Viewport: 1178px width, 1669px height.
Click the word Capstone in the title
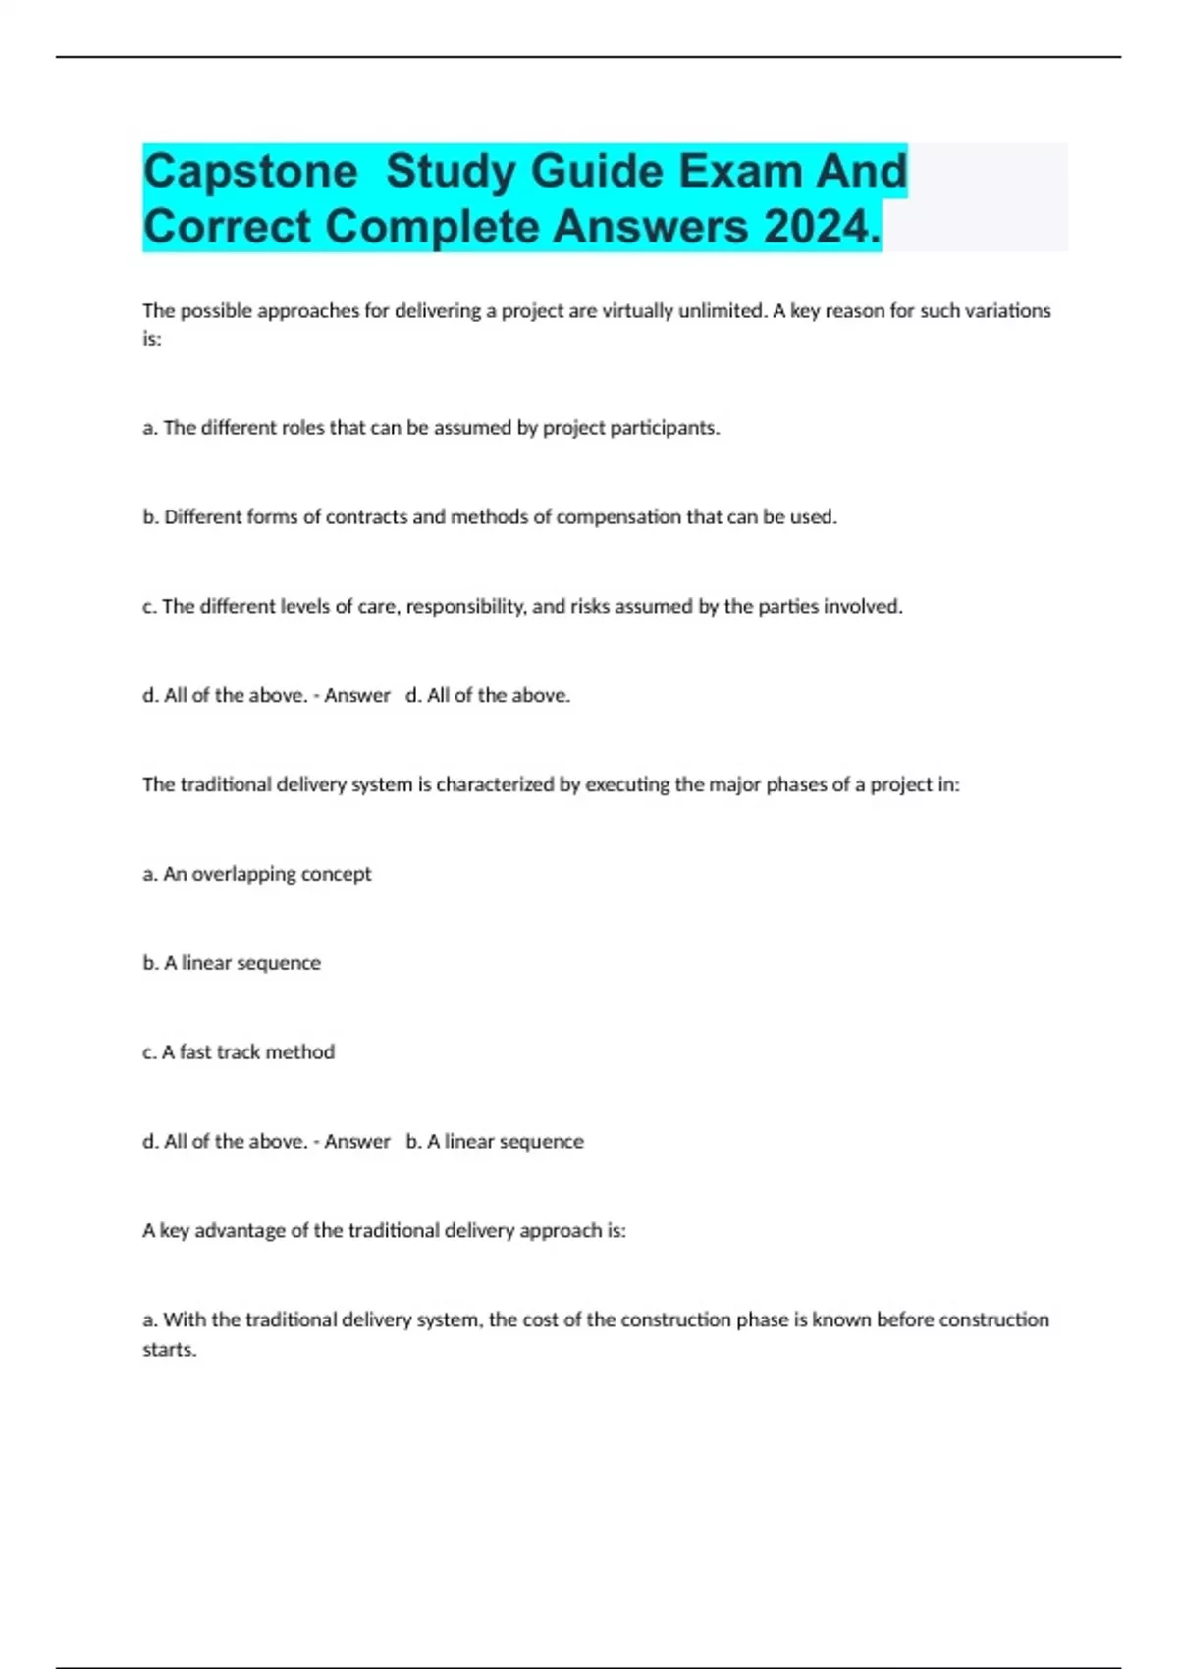coord(250,172)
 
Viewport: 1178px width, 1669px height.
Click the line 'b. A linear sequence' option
coord(232,963)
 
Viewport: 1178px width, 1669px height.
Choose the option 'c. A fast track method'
coord(239,1052)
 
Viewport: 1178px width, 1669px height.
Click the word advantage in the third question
coord(240,1231)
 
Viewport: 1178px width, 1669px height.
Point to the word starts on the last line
coord(169,1350)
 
